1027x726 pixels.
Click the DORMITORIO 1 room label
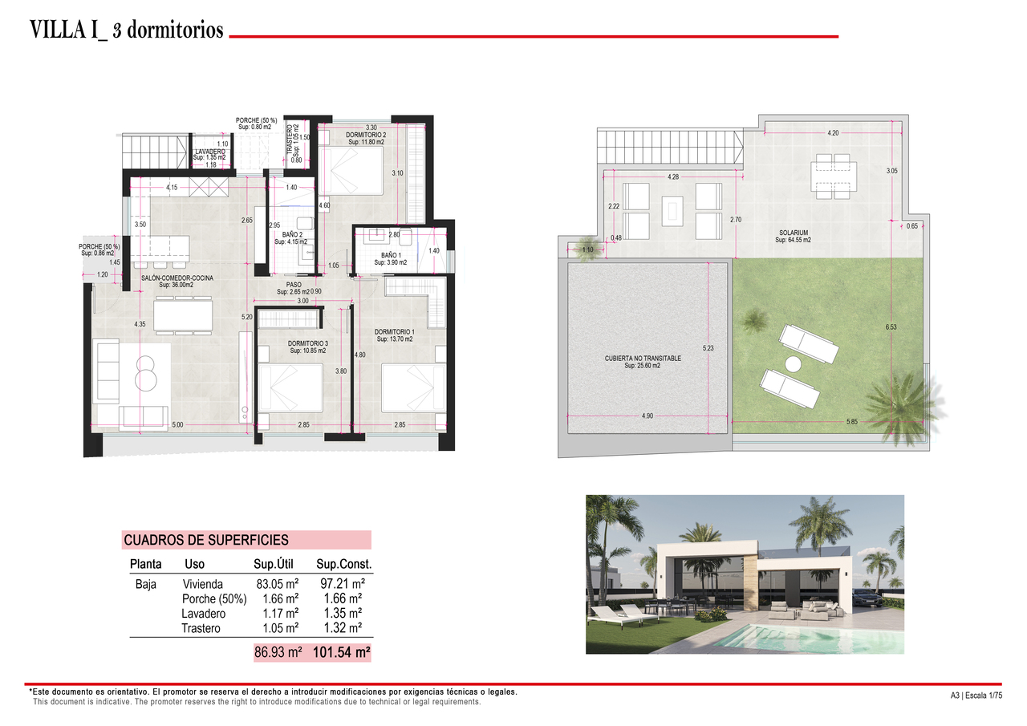coord(394,331)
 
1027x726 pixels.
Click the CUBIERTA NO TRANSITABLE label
coord(643,359)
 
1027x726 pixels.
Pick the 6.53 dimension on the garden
coord(891,326)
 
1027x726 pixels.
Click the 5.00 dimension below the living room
coord(177,425)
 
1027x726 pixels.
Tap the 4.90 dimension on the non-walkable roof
coord(647,416)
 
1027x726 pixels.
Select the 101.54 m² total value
coord(342,653)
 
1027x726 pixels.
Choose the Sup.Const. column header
coord(344,565)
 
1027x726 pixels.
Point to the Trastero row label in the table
coord(201,628)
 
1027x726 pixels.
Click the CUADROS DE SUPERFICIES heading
coord(206,541)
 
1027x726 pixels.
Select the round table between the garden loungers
coord(794,363)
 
